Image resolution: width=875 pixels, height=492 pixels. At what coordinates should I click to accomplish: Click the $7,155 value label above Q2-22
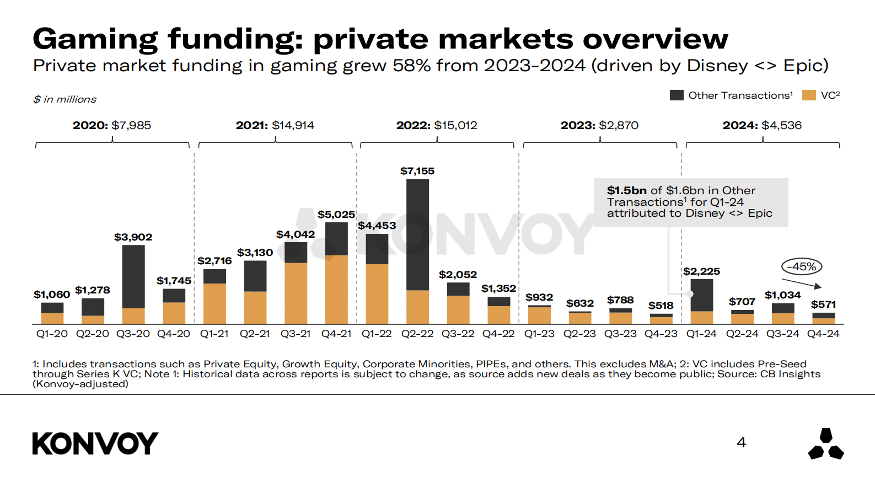(417, 171)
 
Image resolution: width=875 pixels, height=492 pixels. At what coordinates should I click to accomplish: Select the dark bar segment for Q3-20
(133, 276)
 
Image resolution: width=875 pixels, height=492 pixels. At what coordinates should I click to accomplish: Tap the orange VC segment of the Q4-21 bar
(336, 289)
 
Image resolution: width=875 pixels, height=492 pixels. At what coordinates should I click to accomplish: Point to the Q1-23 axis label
(539, 334)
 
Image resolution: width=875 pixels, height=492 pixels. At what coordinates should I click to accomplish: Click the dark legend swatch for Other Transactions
(677, 95)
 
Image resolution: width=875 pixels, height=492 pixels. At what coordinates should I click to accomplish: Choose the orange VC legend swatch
(809, 95)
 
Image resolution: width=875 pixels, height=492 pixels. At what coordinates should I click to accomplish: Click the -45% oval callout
(802, 267)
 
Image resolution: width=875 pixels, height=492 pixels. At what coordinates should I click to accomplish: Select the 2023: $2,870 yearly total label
(599, 125)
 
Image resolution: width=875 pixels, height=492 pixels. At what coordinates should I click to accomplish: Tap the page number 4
(742, 442)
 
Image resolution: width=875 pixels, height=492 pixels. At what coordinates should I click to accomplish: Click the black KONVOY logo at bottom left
(95, 443)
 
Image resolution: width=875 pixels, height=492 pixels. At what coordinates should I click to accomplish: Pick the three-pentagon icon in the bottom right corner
(825, 444)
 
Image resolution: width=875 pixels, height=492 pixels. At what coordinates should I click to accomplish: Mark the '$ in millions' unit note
(65, 99)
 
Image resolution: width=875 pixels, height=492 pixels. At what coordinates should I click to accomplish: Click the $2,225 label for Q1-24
(701, 271)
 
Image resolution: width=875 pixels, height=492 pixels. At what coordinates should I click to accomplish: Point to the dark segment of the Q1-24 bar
(702, 295)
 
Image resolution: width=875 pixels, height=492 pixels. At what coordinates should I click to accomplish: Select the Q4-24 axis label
(823, 334)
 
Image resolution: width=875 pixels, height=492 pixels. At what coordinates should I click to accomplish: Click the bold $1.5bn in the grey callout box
(626, 190)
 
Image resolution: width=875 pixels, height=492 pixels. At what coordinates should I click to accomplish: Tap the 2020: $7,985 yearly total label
(112, 125)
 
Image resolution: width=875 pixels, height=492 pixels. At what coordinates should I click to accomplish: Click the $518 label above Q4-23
(661, 306)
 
